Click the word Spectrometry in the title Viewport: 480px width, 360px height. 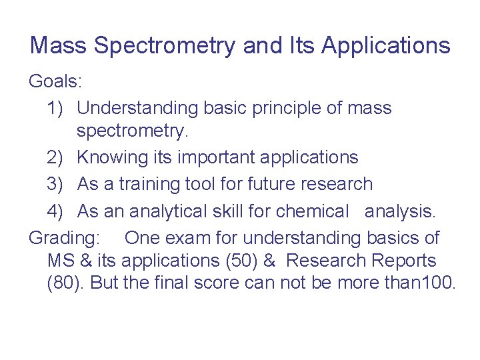(x=164, y=46)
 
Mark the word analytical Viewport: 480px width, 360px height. (x=169, y=211)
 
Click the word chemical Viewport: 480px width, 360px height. (x=312, y=211)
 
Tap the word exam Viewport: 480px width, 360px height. (x=183, y=237)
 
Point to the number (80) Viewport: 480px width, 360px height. (x=65, y=283)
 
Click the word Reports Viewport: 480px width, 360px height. (x=403, y=261)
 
